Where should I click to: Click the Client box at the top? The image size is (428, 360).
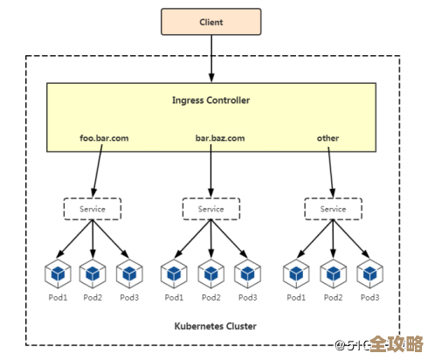[x=211, y=21]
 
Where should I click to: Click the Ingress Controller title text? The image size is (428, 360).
[x=211, y=100]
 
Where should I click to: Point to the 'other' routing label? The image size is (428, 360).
[x=328, y=138]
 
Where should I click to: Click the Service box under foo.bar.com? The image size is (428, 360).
[x=92, y=209]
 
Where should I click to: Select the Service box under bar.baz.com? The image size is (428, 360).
[x=211, y=209]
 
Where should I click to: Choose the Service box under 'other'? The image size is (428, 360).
[x=333, y=209]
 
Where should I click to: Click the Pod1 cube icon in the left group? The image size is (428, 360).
[x=58, y=274]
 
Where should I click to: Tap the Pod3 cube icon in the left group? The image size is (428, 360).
[x=128, y=274]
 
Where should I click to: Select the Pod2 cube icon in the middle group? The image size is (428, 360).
[x=211, y=274]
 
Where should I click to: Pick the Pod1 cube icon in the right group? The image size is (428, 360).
[x=297, y=274]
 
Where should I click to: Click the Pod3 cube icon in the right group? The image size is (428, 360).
[x=369, y=274]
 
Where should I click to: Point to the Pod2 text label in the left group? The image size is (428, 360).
[x=93, y=298]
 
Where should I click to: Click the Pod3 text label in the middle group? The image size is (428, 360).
[x=247, y=298]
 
